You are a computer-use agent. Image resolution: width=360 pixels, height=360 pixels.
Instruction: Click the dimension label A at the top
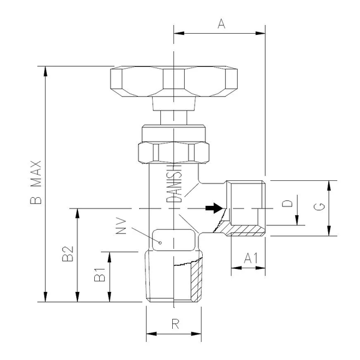[220, 24]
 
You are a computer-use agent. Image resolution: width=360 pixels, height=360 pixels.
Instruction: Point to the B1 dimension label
[99, 276]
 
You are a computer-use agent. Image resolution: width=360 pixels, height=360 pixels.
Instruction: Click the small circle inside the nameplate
[160, 241]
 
